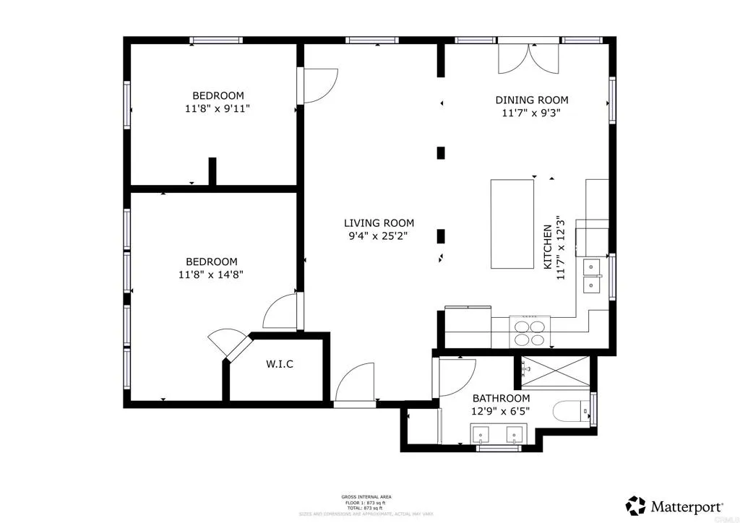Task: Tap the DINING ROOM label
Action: tap(531, 100)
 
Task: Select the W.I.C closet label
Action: tap(279, 364)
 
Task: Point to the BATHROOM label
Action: tap(501, 398)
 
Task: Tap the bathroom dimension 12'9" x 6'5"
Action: tap(501, 411)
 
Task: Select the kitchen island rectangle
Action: tap(512, 223)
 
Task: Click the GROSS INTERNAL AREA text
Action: tap(367, 497)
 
